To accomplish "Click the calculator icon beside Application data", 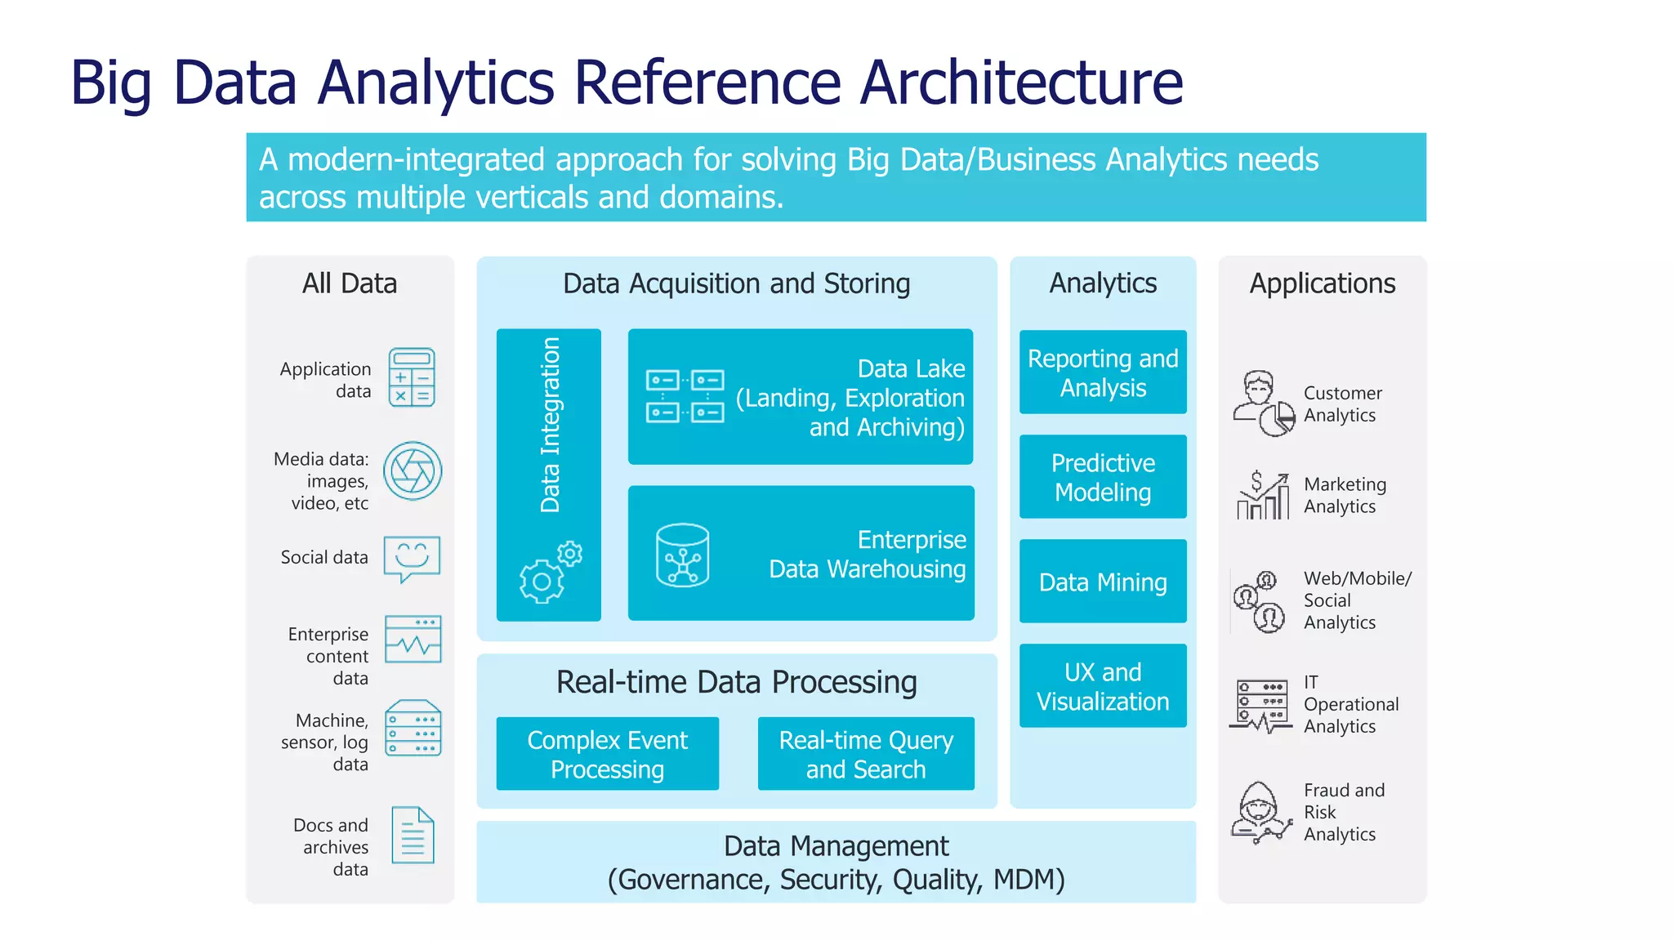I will (412, 377).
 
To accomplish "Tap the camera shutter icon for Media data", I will (413, 471).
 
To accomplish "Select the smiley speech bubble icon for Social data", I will (412, 559).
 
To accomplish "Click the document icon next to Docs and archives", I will (413, 835).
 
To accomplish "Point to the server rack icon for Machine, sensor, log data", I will (413, 728).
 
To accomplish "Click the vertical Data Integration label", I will (551, 425).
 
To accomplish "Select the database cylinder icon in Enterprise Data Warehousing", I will (682, 555).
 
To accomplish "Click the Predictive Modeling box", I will (1103, 477).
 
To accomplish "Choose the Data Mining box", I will (1103, 582).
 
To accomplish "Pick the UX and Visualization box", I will (1103, 686).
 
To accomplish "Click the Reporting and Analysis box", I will (1103, 372).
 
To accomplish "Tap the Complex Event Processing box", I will (607, 754).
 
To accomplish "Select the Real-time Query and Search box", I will (866, 754).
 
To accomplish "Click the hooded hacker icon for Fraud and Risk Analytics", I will (1260, 813).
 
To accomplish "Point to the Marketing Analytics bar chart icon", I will (1263, 496).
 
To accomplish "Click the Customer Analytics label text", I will (1342, 404).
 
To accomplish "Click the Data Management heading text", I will (836, 846).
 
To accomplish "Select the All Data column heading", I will (350, 283).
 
